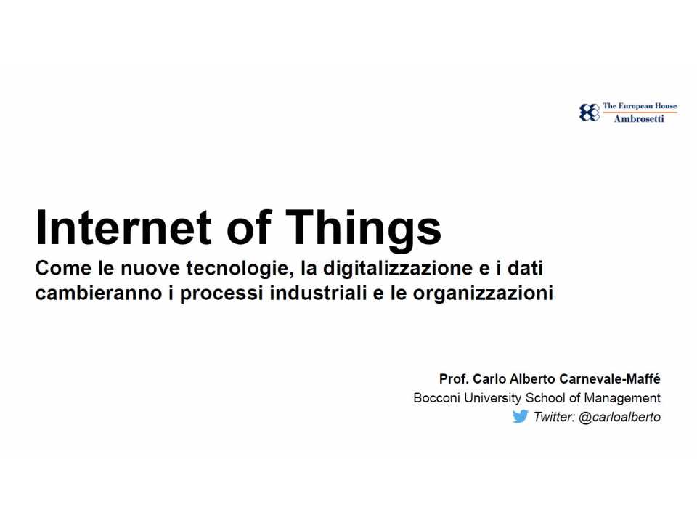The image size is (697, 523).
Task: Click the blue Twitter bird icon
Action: tap(520, 417)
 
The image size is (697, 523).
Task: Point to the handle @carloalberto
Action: tap(619, 418)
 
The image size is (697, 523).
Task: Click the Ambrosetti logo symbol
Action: tap(589, 113)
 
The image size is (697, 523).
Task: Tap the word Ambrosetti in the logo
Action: tap(639, 119)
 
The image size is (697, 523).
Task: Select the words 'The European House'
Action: tap(640, 106)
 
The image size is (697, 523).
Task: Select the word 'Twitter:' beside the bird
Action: tap(554, 418)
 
